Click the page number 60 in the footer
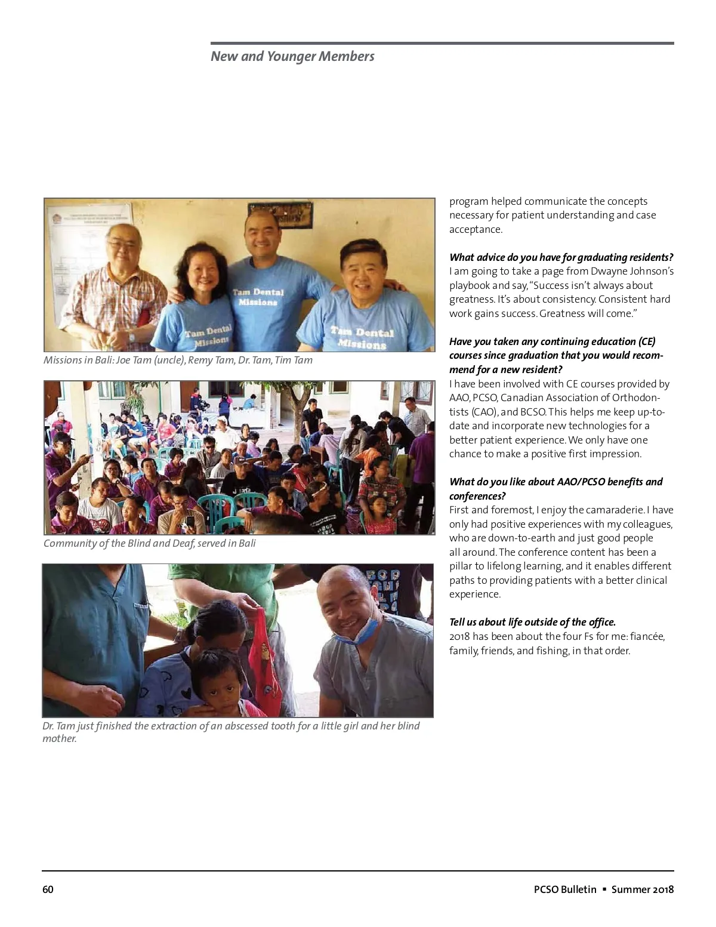click(48, 889)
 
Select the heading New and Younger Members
click(292, 57)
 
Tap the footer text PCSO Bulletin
click(565, 889)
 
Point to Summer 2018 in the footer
click(643, 889)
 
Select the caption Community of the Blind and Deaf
click(149, 543)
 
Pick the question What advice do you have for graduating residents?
click(561, 257)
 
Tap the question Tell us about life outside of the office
click(532, 622)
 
